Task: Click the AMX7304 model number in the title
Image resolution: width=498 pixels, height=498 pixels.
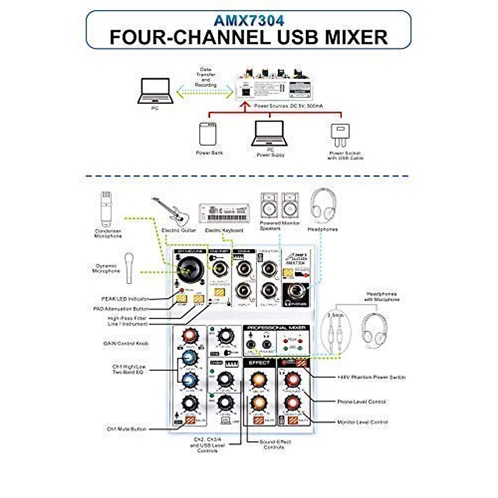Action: (x=249, y=20)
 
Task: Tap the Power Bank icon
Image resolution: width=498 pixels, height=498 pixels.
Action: (x=207, y=134)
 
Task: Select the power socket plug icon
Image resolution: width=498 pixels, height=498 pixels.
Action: (x=340, y=135)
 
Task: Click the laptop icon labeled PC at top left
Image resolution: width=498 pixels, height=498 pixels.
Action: (x=156, y=91)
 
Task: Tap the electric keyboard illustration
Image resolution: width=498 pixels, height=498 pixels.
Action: (x=224, y=213)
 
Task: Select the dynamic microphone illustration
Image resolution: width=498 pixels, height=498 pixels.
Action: (x=129, y=268)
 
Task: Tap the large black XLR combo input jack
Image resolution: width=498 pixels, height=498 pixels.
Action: (x=189, y=270)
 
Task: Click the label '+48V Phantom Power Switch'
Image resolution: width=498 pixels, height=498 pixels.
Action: (x=371, y=377)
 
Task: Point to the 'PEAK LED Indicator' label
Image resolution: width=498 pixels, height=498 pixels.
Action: (x=125, y=299)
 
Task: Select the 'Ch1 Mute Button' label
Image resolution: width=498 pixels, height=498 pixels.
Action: (x=127, y=429)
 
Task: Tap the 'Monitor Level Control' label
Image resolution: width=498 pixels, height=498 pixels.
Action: (x=362, y=422)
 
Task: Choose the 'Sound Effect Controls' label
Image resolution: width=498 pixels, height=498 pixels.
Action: (x=275, y=444)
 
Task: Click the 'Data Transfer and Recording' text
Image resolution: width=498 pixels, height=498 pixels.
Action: (x=206, y=77)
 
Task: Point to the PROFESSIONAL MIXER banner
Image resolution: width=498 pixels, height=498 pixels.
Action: (x=276, y=328)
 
